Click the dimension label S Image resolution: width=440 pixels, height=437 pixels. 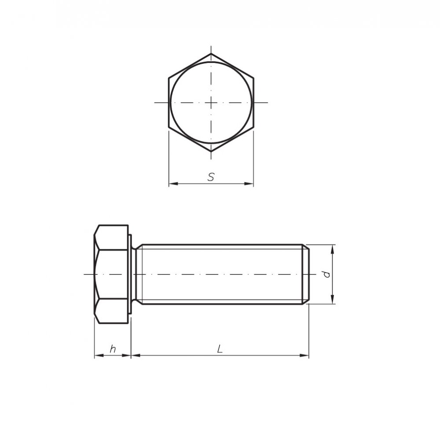(211, 177)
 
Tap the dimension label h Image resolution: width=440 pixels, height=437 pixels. (113, 349)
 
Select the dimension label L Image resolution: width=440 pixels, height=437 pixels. (220, 349)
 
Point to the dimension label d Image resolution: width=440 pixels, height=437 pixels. (326, 274)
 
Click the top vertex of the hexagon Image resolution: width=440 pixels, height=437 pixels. (211, 54)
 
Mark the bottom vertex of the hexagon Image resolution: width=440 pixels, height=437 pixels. (211, 152)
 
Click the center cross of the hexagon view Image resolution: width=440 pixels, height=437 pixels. (211, 103)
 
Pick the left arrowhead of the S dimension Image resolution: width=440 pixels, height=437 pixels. (172, 184)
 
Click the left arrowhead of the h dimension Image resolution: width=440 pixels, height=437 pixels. (97, 355)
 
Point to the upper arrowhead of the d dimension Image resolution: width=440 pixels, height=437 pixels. (333, 248)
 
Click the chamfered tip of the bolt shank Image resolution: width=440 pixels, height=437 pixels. (305, 274)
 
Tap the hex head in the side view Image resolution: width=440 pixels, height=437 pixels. (111, 274)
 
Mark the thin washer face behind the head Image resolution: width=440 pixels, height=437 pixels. (130, 274)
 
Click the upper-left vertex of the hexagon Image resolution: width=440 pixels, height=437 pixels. (169, 78)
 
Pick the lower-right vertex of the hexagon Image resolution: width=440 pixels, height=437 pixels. (253, 127)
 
